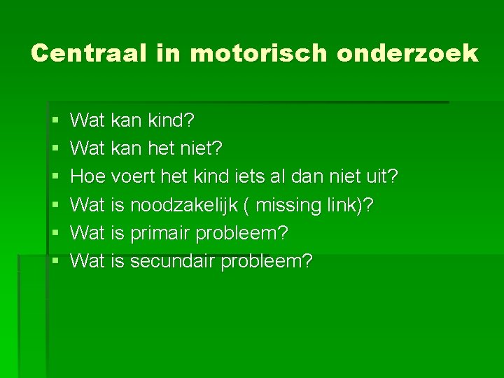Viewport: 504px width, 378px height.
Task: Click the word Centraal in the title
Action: [x=89, y=53]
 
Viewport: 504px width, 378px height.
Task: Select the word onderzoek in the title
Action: [x=407, y=53]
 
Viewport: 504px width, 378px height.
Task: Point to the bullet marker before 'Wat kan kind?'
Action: [x=55, y=121]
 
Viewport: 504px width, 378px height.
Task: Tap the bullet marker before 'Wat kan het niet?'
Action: [x=55, y=149]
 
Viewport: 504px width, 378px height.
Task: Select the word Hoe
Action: [x=88, y=177]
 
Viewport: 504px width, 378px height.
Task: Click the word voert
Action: [x=134, y=177]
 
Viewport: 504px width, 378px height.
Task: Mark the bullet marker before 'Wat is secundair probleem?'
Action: [x=55, y=261]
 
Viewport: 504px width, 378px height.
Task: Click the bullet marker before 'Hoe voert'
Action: [x=55, y=177]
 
